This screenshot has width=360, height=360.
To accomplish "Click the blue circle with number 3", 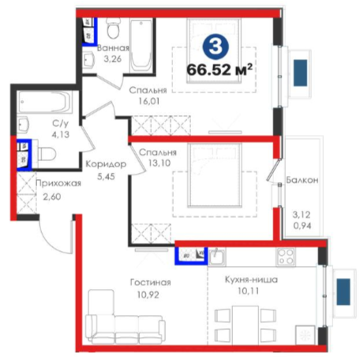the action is [216, 47].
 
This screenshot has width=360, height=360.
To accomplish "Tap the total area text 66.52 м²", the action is [219, 69].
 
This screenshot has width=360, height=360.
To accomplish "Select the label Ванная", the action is [113, 48].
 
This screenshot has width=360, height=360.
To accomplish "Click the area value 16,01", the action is [149, 101].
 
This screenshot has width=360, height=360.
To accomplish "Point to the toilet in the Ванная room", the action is [114, 28].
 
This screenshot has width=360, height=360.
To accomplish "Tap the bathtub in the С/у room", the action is [45, 102].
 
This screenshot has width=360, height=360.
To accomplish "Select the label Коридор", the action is [106, 164].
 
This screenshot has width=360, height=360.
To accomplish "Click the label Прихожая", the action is [58, 183].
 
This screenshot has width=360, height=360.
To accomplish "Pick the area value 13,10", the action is [159, 163].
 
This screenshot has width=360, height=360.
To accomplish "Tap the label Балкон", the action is [302, 180].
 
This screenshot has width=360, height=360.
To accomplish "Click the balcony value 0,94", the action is [302, 226].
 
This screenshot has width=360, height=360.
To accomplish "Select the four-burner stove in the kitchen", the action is [286, 257].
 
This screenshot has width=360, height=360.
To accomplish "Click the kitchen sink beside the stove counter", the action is [217, 257].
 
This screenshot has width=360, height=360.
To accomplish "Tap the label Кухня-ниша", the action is [251, 279].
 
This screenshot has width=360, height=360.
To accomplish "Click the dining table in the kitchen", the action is [246, 324].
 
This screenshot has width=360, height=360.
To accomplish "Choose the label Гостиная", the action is [151, 283].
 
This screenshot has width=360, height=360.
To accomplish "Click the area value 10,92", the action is [148, 294].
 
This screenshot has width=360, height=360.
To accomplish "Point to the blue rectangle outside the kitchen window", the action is [343, 292].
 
